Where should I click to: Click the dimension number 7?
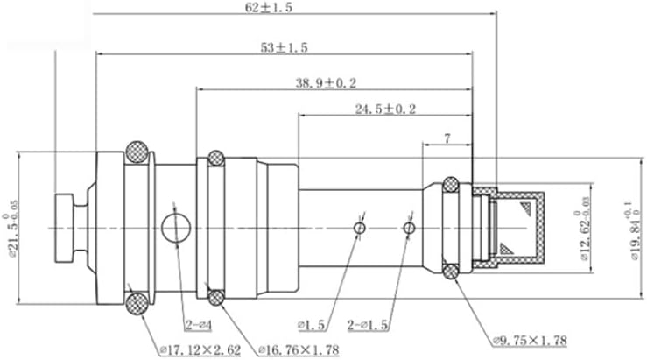pyautogui.click(x=447, y=138)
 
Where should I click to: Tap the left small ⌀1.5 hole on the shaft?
pyautogui.click(x=359, y=228)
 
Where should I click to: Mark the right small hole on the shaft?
pyautogui.click(x=409, y=228)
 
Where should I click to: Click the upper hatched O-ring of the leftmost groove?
pyautogui.click(x=137, y=152)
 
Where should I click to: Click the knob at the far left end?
pyautogui.click(x=67, y=228)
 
